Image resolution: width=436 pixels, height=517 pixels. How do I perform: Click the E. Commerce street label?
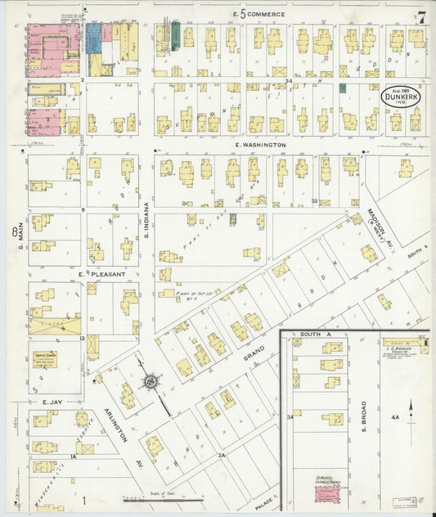click(258, 14)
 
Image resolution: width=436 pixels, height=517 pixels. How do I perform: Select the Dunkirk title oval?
click(401, 97)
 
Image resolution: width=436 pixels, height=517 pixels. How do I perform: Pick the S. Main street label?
click(16, 232)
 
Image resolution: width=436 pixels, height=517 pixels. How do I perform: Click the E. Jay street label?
click(53, 402)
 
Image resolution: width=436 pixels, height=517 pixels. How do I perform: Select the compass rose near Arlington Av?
click(151, 380)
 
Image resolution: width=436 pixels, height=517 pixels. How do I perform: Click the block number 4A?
click(394, 418)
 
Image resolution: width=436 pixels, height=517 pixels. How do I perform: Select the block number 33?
click(314, 200)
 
